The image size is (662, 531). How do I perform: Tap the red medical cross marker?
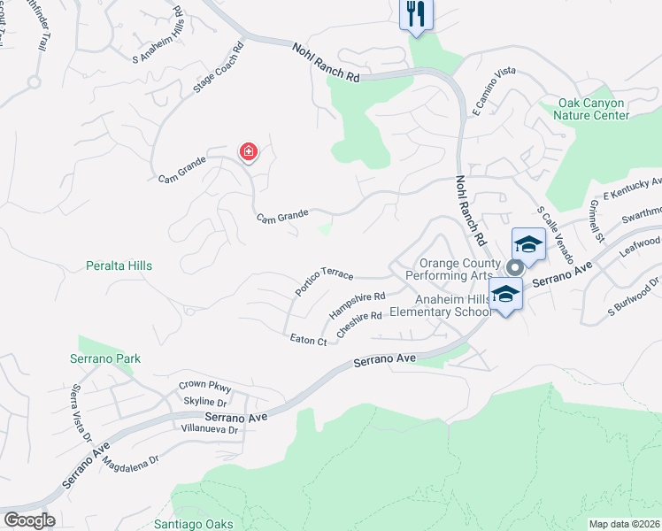pyautogui.click(x=249, y=153)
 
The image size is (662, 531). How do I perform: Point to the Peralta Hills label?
pyautogui.click(x=119, y=265)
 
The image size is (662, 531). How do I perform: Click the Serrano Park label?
pyautogui.click(x=105, y=358)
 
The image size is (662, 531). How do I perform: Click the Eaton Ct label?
pyautogui.click(x=309, y=338)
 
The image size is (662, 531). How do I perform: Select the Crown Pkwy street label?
pyautogui.click(x=204, y=386)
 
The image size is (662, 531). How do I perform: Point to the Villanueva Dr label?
pyautogui.click(x=208, y=430)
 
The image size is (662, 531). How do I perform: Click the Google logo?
pyautogui.click(x=28, y=520)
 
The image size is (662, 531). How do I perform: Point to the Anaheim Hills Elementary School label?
pyautogui.click(x=441, y=305)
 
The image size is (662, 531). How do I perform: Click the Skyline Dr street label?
pyautogui.click(x=206, y=401)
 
